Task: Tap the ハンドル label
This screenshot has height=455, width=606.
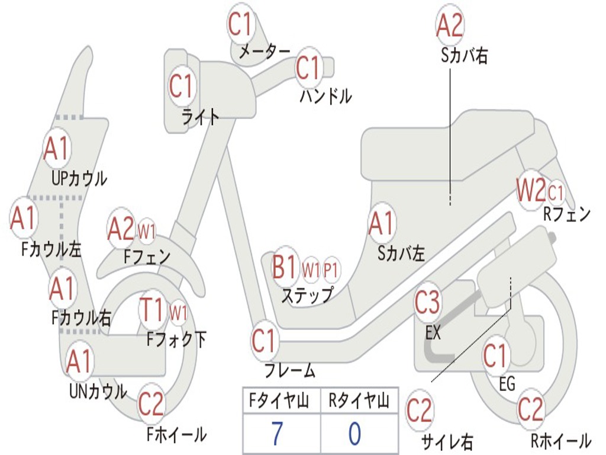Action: pyautogui.click(x=325, y=95)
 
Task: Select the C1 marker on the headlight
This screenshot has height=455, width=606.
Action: pyautogui.click(x=182, y=86)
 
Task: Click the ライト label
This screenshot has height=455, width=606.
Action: pyautogui.click(x=200, y=117)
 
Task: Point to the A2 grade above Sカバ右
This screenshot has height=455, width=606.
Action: pyautogui.click(x=449, y=25)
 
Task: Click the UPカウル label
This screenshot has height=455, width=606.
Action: pyautogui.click(x=79, y=178)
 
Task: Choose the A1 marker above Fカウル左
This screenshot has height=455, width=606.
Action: pyautogui.click(x=24, y=218)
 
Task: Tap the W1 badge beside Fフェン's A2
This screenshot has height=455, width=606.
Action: pyautogui.click(x=146, y=231)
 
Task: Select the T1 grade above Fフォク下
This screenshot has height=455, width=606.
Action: pyautogui.click(x=152, y=309)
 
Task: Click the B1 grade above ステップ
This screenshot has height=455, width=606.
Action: pyautogui.click(x=284, y=268)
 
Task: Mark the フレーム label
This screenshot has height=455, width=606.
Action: pyautogui.click(x=289, y=371)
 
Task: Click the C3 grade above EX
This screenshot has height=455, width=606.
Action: pyautogui.click(x=427, y=303)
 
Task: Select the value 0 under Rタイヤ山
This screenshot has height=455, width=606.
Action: pyautogui.click(x=354, y=434)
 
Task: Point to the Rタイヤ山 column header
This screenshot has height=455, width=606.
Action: pyautogui.click(x=359, y=401)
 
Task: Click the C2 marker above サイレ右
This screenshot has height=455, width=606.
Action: pyautogui.click(x=420, y=411)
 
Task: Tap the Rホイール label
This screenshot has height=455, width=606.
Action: pyautogui.click(x=560, y=441)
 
